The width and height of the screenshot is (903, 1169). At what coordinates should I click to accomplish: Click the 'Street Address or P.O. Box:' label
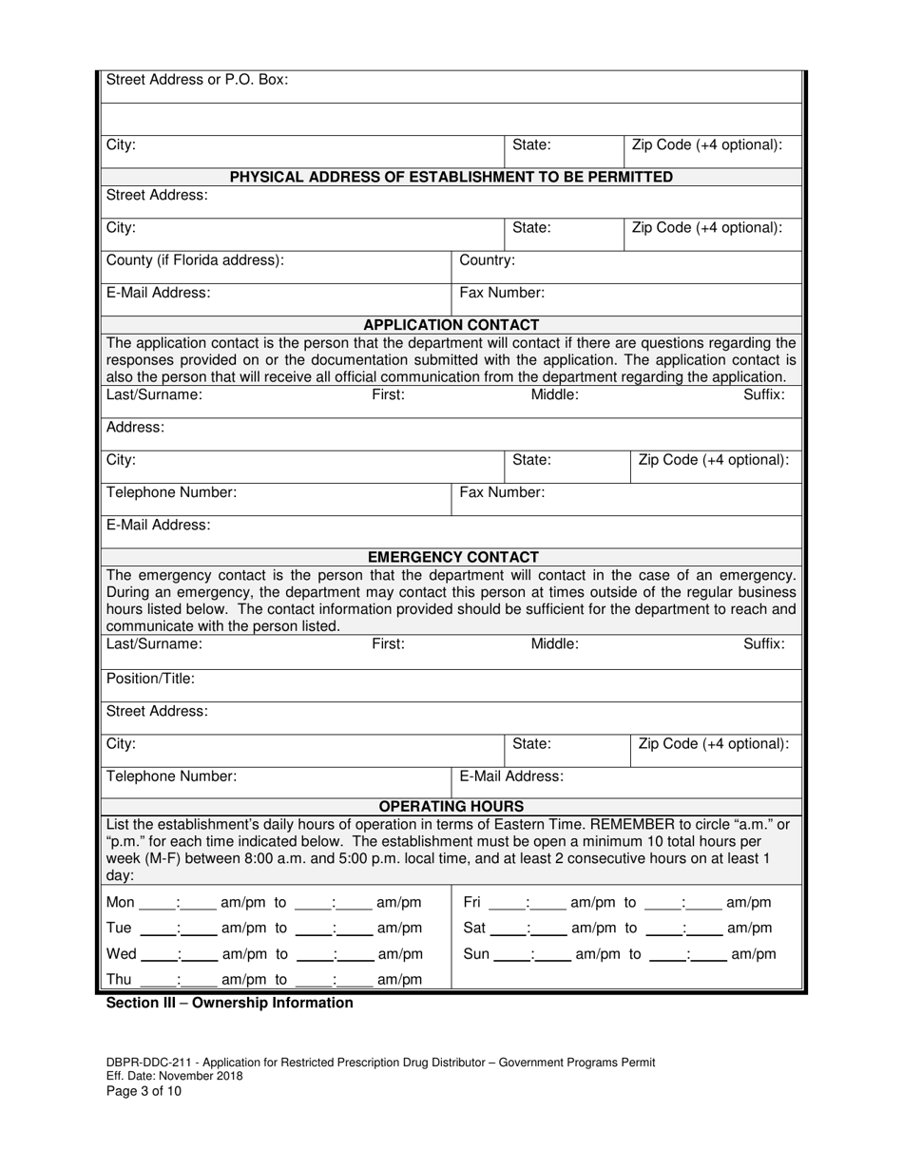click(197, 80)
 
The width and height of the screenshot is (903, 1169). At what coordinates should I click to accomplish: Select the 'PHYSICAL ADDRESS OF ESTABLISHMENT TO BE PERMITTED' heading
click(451, 177)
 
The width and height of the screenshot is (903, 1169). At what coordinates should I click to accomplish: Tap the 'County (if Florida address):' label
click(195, 259)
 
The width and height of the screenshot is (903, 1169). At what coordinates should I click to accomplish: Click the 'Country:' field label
click(488, 259)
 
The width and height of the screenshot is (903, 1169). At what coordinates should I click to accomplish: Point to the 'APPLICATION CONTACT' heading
click(451, 325)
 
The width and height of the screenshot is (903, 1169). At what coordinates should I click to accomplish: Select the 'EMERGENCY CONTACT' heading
click(452, 557)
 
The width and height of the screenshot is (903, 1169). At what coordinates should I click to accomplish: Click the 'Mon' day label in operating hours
click(121, 902)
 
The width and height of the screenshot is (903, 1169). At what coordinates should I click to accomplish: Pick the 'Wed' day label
click(122, 953)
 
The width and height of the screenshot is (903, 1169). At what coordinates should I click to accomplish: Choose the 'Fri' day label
click(472, 902)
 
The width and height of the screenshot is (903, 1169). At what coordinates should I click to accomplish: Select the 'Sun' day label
click(475, 953)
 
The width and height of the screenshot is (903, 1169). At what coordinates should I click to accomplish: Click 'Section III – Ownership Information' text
click(229, 1003)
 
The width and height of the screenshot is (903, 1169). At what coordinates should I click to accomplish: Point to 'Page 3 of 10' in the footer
click(143, 1091)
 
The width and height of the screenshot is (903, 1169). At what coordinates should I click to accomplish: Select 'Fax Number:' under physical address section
click(502, 293)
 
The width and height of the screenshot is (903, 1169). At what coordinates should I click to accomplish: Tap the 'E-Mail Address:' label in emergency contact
click(511, 776)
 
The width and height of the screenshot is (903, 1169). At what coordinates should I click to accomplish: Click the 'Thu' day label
click(121, 979)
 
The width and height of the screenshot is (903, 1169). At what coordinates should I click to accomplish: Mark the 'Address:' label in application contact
click(135, 428)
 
